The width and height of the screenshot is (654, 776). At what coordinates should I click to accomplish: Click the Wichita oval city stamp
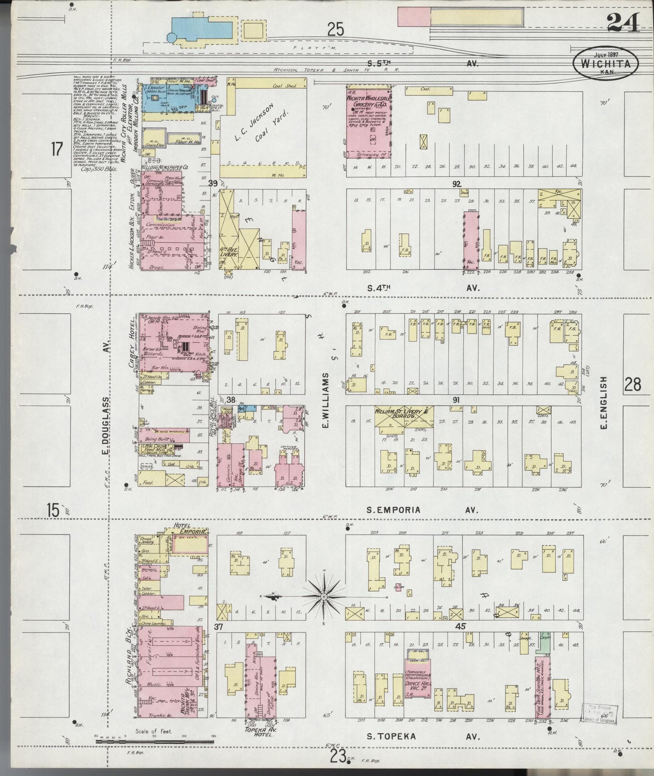(x=606, y=63)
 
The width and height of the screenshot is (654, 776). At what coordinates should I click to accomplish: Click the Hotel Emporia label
(x=189, y=528)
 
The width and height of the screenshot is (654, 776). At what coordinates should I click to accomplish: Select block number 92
(x=456, y=183)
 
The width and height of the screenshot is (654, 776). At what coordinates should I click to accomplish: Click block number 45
(x=461, y=627)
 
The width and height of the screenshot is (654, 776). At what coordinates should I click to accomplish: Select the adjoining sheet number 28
(x=632, y=384)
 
